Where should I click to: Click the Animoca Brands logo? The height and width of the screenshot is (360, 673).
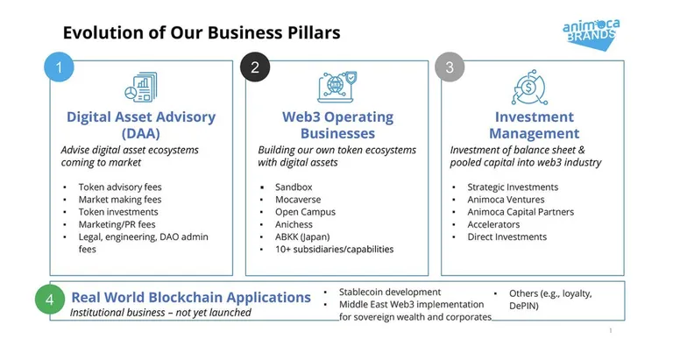[x=591, y=34]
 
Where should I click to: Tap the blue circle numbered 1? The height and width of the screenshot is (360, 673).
[x=60, y=67]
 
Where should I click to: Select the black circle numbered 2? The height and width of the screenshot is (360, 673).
[x=255, y=67]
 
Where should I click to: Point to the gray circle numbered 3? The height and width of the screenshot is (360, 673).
[x=450, y=67]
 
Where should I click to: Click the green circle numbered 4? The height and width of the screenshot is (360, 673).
[x=50, y=299]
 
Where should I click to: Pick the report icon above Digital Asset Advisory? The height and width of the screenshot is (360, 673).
[x=141, y=87]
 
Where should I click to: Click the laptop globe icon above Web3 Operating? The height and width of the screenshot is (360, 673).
[x=337, y=87]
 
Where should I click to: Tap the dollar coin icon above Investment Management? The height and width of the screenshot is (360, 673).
[x=529, y=87]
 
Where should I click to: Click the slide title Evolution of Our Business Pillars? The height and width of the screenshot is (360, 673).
[x=202, y=32]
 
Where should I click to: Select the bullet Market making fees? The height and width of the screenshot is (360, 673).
[x=120, y=200]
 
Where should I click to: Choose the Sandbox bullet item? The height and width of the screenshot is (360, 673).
[x=294, y=187]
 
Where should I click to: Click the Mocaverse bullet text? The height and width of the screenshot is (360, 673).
[x=298, y=200]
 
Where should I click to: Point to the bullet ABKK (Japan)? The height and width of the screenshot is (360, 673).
[x=302, y=236]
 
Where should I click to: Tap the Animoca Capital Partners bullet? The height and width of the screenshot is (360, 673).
[x=521, y=212]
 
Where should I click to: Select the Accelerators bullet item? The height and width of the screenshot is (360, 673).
[x=493, y=224]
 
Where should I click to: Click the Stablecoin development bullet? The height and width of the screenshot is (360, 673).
[x=390, y=293]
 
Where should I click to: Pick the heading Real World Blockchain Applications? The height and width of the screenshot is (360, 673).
[x=191, y=297]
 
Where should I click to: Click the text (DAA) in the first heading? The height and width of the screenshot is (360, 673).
[x=141, y=133]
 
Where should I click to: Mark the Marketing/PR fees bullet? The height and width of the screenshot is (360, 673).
[x=117, y=224]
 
